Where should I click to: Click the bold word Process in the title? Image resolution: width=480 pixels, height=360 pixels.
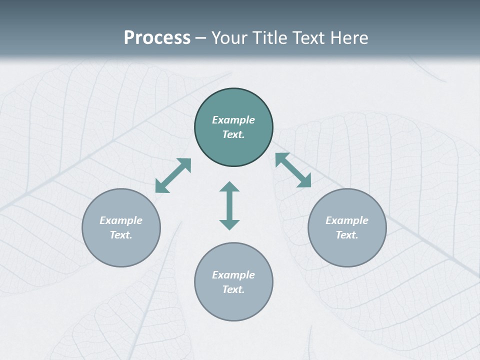pos(157,38)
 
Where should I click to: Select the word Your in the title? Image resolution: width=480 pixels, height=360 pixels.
pos(227,38)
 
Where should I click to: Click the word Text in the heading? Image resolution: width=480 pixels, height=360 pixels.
pos(310,38)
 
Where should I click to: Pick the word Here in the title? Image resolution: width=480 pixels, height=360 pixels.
pos(350,38)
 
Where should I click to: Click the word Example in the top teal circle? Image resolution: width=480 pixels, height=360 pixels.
pos(233,120)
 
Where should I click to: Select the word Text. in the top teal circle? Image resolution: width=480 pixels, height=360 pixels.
pos(233,134)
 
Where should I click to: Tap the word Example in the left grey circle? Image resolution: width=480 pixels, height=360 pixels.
pos(121,220)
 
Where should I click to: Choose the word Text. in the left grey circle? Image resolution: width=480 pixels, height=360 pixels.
pos(121,235)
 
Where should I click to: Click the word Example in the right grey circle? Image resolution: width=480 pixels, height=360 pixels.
pos(347,220)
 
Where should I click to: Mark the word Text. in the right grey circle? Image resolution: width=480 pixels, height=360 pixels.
pos(347,235)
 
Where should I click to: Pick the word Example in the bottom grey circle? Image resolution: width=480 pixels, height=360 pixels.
pos(233,275)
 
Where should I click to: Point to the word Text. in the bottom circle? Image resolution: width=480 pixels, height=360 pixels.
pos(233,289)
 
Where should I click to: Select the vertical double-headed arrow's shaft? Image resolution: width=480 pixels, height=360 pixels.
pos(229,205)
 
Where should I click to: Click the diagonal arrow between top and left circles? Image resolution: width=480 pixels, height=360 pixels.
pos(173,175)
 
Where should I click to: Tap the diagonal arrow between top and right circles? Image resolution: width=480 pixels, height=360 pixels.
pos(293,170)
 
